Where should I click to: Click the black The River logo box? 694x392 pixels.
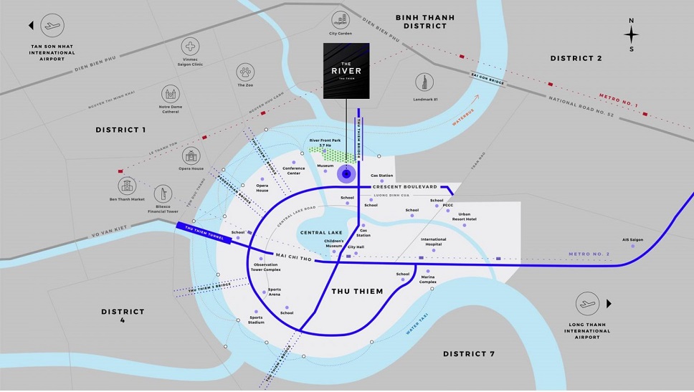(x=346, y=70)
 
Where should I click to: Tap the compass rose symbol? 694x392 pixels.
(x=631, y=34)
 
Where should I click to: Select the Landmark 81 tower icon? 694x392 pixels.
(x=425, y=82)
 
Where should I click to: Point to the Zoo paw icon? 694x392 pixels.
(x=246, y=72)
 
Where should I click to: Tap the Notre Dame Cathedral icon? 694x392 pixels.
(x=171, y=94)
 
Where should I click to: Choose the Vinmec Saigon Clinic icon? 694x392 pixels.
(x=191, y=47)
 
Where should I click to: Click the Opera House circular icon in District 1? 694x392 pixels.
(x=191, y=156)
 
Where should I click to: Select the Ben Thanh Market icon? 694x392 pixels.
(x=127, y=186)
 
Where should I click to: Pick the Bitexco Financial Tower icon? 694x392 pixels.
(x=163, y=193)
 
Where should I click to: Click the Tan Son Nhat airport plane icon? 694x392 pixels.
(x=52, y=27)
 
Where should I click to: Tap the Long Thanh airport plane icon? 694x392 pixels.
(x=587, y=303)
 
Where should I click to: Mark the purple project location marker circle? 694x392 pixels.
(x=346, y=173)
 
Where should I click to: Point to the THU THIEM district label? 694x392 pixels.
(x=357, y=291)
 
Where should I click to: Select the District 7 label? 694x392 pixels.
(x=469, y=354)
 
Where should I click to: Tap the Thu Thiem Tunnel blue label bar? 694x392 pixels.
(x=204, y=234)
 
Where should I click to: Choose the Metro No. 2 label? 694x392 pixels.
(x=589, y=254)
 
